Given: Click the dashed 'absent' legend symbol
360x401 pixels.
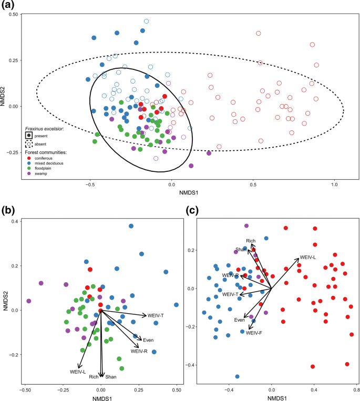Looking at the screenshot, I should pos(28,143).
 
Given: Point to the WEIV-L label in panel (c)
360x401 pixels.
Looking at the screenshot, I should pos(307,258).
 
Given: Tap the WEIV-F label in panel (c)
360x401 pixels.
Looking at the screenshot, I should pos(254,333).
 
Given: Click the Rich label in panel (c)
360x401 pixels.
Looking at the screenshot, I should pos(251,241).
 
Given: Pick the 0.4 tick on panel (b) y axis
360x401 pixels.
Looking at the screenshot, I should pos(16,221).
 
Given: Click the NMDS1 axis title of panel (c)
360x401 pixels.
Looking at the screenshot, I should pos(271,398).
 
